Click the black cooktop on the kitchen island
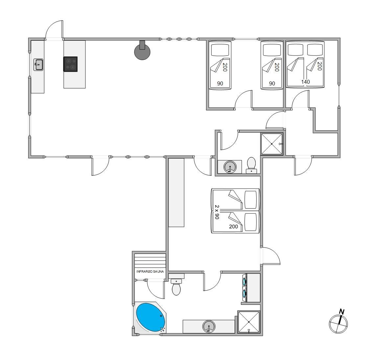(70, 64)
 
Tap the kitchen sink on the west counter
(38, 65)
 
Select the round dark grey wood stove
(142, 51)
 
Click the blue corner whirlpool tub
(151, 318)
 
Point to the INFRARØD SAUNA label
(150, 272)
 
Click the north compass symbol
(338, 324)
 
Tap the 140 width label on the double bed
(306, 82)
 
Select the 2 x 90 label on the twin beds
(217, 212)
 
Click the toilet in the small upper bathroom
(251, 165)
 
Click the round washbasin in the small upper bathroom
(230, 167)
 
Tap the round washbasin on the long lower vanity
(209, 326)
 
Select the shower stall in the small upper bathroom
(272, 144)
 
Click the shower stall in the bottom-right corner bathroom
(249, 322)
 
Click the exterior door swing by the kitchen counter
(54, 30)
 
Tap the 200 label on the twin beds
(233, 227)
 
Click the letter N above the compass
(342, 312)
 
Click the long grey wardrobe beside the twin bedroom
(176, 192)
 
